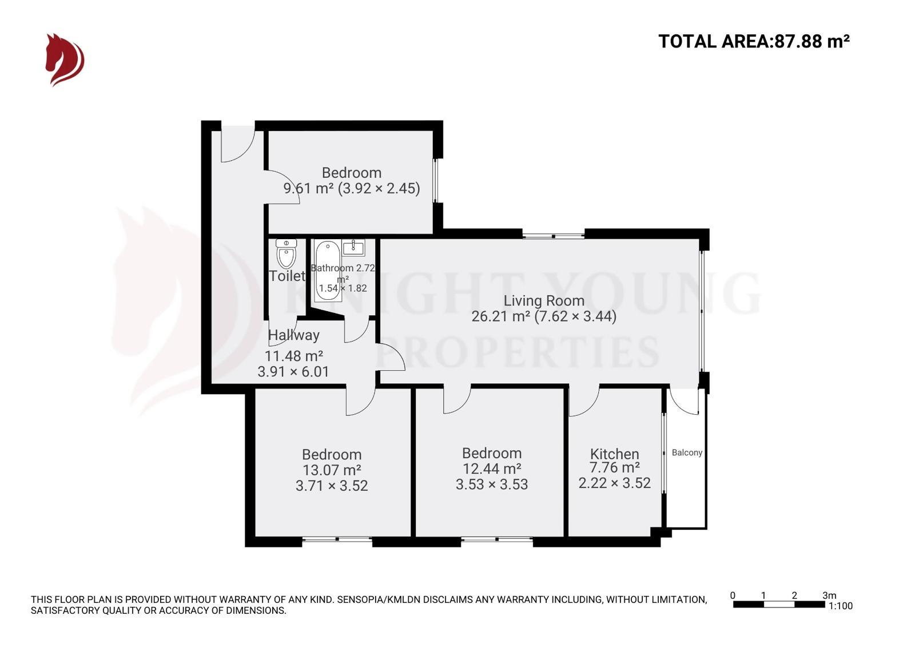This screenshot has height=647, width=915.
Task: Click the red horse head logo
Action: pos(65,59)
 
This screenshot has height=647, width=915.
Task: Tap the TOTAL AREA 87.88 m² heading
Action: pos(753,41)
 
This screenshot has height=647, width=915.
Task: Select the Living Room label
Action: pos(543,300)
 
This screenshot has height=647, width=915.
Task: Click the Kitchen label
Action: pos(614,454)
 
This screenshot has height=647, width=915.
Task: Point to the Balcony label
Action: pos(687,452)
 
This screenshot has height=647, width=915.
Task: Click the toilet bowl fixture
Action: pos(286,254)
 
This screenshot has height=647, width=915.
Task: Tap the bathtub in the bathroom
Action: pos(327,269)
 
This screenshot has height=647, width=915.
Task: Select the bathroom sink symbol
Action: pos(353,248)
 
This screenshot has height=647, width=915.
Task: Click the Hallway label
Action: pos(293,335)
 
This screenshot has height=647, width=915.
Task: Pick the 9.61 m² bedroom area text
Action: pos(308,188)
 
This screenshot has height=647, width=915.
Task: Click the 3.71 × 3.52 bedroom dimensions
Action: pos(332,486)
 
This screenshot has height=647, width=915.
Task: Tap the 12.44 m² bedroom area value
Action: pos(491,469)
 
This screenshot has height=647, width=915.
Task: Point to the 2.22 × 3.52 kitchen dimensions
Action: pos(614,483)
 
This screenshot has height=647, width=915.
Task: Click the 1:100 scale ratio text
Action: pos(840,606)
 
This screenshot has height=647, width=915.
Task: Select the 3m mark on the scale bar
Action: pos(829,596)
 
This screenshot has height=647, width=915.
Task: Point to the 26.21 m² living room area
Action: pos(500,316)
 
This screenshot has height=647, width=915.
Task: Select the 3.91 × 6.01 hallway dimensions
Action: pos(293,372)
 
